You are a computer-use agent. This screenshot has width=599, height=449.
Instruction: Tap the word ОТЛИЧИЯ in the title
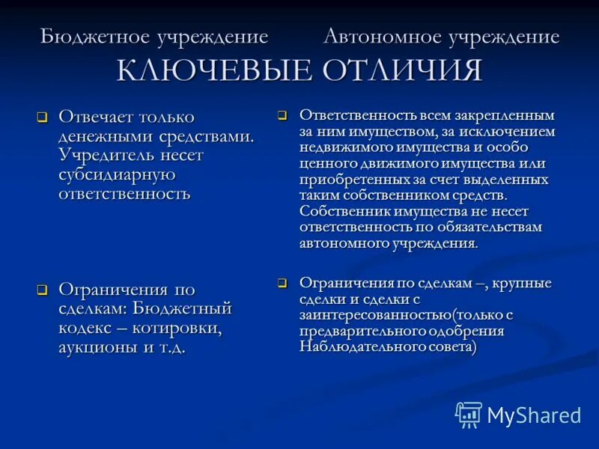coord(402,70)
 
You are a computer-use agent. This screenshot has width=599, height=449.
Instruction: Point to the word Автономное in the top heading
coord(383,37)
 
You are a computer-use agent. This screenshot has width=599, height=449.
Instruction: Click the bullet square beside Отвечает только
coord(43,117)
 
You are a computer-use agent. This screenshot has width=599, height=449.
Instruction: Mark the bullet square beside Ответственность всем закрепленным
coord(282,116)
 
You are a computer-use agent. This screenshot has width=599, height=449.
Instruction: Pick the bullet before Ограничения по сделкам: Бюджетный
coord(43,290)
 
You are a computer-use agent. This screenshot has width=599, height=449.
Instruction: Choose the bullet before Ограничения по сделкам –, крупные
coord(282,284)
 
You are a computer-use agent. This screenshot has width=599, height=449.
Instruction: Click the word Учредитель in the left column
coord(103,155)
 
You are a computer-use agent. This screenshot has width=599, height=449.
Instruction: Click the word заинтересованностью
coord(365,315)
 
